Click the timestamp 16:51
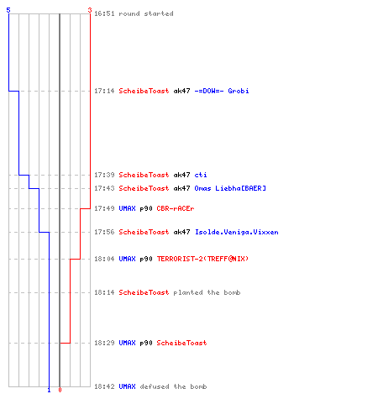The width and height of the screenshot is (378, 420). (104, 13)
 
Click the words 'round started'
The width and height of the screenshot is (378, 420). (146, 13)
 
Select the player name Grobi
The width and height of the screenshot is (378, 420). (239, 91)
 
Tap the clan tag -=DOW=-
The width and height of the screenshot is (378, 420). (209, 91)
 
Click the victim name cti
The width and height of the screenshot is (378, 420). (201, 175)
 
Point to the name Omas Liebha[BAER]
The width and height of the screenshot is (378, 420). (230, 188)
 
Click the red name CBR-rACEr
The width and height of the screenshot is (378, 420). (176, 208)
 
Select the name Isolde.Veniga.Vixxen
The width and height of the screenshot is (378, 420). (237, 232)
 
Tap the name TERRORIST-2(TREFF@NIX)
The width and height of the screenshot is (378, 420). (202, 259)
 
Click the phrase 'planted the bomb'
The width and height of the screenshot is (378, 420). (207, 292)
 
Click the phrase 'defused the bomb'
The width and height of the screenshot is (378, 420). (173, 386)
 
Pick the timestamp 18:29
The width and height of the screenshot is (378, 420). (104, 343)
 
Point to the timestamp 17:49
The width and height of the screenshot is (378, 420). (104, 208)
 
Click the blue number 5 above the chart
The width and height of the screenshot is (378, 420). (8, 10)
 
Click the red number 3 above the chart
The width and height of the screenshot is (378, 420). (90, 10)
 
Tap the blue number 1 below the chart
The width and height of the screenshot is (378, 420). (49, 390)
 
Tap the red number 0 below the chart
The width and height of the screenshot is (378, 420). (60, 390)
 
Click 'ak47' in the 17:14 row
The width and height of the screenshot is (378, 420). (181, 91)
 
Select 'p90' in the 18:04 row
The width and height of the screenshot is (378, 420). (146, 259)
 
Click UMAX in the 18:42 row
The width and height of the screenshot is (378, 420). (127, 386)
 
